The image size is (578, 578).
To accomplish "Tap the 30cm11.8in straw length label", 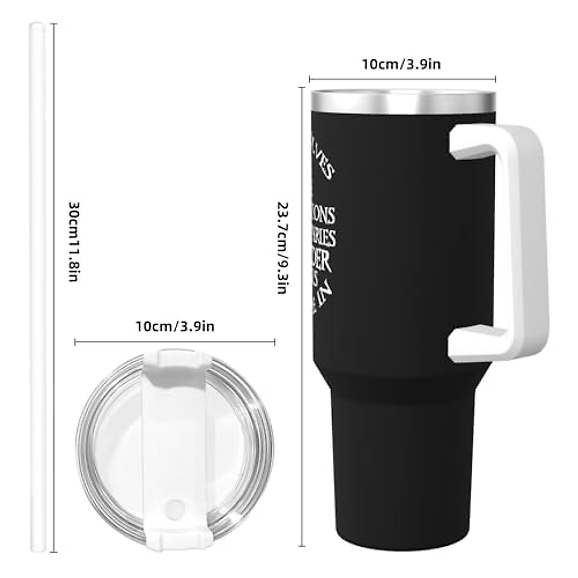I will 73,241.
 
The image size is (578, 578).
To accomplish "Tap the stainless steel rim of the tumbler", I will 403,101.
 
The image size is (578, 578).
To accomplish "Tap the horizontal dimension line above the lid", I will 175,342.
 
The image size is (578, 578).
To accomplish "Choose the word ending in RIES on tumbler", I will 323,238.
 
